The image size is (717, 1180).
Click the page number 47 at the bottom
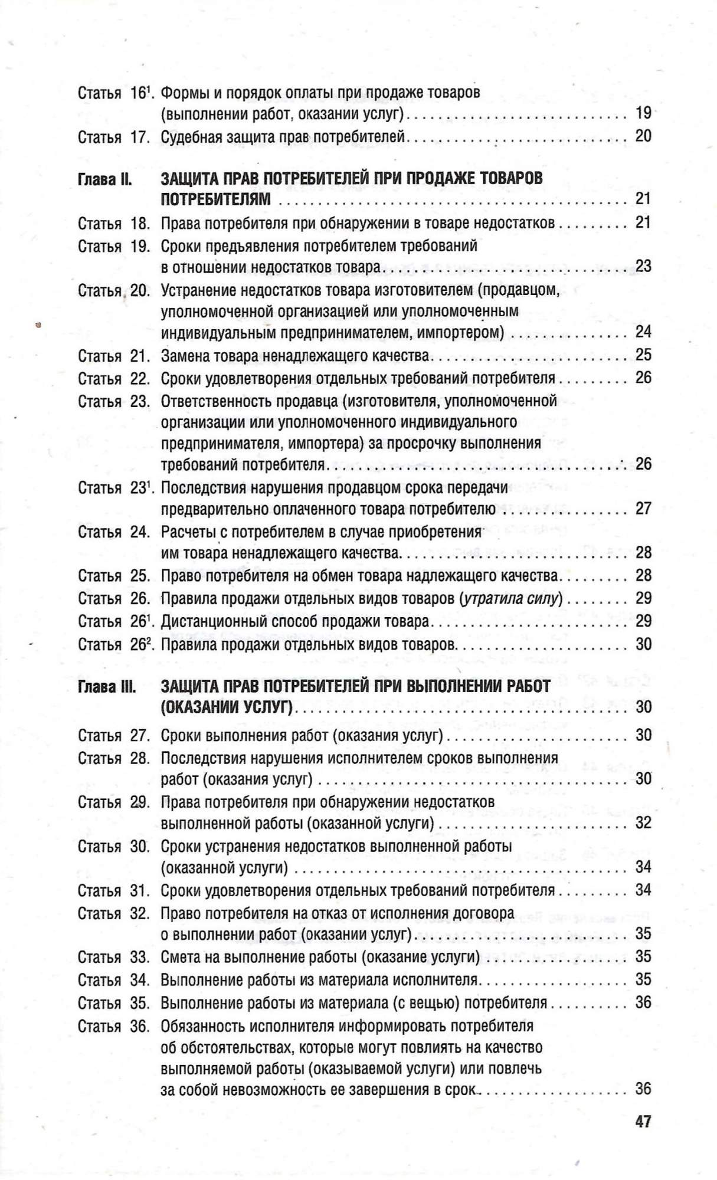tap(643, 1121)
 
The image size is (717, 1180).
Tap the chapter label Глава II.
tap(104, 179)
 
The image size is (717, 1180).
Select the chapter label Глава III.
tap(107, 687)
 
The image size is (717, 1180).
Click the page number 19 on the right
tap(643, 113)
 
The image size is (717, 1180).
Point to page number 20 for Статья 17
tap(643, 136)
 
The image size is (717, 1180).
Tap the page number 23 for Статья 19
tap(643, 266)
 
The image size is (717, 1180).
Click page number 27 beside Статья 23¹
tap(643, 508)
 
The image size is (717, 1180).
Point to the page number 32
tap(643, 822)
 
